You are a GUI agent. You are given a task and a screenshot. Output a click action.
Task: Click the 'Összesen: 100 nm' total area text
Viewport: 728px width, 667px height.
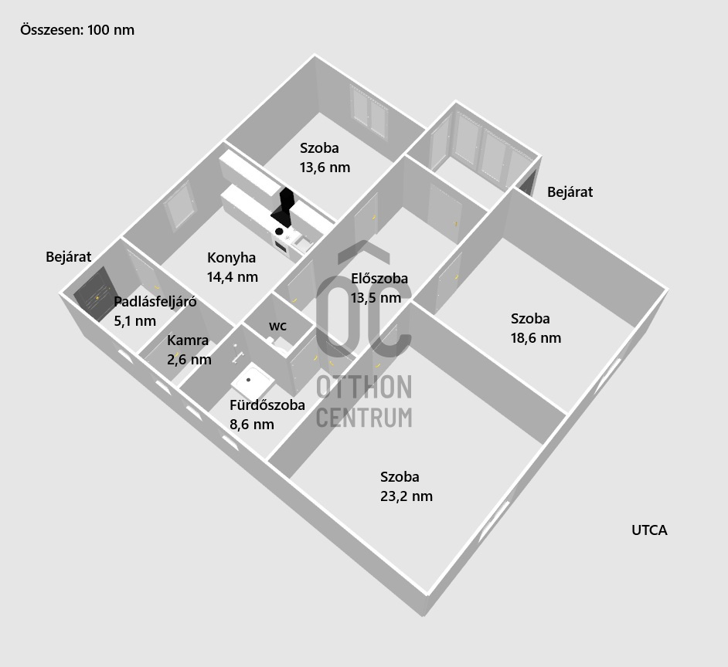(x=77, y=30)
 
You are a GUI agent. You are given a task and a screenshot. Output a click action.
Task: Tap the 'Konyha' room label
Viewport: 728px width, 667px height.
(x=231, y=258)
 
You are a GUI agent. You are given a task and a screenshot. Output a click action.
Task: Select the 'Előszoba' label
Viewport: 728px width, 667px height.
(x=379, y=279)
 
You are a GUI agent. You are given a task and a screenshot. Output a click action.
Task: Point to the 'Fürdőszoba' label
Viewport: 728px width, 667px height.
(x=267, y=405)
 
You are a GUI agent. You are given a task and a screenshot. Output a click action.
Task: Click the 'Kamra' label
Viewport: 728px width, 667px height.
(x=188, y=340)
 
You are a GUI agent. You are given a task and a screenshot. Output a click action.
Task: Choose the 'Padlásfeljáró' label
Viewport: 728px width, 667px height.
(x=155, y=302)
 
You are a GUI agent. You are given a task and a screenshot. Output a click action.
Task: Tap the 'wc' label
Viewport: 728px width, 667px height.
(x=277, y=326)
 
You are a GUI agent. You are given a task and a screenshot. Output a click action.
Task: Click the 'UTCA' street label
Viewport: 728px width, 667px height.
(x=649, y=530)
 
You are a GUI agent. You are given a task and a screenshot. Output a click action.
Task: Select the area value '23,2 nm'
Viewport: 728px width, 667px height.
(x=407, y=496)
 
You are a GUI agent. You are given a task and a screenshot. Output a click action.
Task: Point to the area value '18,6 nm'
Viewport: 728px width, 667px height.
(x=536, y=338)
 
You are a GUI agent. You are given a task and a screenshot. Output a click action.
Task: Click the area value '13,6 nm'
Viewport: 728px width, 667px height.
(x=325, y=168)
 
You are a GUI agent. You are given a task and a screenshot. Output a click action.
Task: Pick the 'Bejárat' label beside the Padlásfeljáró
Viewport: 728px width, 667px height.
(x=68, y=257)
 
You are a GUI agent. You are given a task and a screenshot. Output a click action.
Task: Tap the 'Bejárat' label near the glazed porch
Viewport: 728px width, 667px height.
(x=570, y=192)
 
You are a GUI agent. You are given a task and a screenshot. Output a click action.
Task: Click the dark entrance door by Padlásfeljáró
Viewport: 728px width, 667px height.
(x=94, y=294)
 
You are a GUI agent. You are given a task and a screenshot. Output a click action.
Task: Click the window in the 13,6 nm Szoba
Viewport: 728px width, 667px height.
(x=369, y=112)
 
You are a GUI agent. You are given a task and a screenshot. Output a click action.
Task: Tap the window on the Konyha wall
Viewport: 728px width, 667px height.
(x=179, y=206)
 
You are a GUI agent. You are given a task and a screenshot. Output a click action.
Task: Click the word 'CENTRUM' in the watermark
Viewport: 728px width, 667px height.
(x=364, y=418)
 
